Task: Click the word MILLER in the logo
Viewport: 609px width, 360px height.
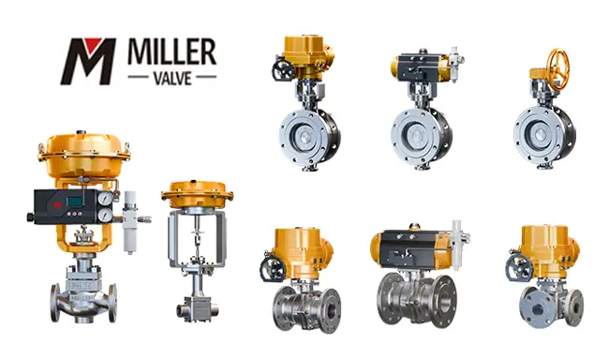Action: (171, 52)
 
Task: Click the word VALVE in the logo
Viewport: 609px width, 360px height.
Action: (172, 79)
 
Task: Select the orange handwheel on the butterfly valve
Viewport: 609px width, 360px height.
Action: (558, 69)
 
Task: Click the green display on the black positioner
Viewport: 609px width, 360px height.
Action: (74, 202)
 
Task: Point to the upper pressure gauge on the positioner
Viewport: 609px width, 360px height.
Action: (105, 199)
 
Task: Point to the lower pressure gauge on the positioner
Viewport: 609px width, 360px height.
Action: (105, 216)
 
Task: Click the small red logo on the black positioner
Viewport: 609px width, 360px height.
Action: (58, 204)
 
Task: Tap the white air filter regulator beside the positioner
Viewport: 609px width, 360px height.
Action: (129, 222)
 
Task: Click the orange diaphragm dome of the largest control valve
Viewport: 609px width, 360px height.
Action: (83, 155)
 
